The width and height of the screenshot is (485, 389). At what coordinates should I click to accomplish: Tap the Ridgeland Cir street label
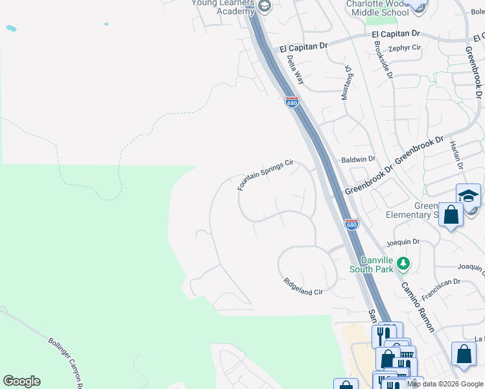[x=303, y=287]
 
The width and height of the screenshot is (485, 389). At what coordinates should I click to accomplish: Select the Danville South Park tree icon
[x=404, y=263]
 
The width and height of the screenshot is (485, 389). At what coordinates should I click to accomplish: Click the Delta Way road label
[x=296, y=69]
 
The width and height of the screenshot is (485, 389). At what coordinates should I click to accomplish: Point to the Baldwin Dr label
[x=359, y=159]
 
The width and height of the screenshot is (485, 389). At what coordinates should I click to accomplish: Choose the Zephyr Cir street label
[x=405, y=48]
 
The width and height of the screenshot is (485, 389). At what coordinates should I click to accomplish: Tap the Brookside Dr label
[x=383, y=60]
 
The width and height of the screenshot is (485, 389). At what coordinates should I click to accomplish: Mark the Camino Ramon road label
[x=418, y=307]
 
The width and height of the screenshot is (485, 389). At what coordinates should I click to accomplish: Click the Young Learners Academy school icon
[x=264, y=6]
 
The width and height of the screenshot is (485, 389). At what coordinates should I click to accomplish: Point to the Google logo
[x=22, y=381]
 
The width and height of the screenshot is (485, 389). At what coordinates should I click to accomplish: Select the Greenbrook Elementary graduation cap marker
[x=468, y=194]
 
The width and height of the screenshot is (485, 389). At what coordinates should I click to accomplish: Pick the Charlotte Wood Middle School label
[x=377, y=8]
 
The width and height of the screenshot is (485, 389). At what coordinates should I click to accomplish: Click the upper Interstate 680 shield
[x=292, y=102]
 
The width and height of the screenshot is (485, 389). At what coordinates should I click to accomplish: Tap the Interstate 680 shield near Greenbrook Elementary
[x=351, y=224]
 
